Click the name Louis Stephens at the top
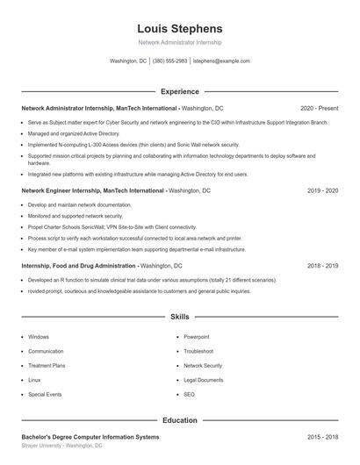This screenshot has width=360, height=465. coord(180,29)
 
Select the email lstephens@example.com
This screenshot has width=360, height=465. coord(221,61)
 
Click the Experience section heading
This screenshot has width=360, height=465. coord(180,91)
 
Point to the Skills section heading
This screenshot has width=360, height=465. coord(180,316)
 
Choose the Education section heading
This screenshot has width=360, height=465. coord(180,420)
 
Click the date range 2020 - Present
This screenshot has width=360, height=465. coord(319,108)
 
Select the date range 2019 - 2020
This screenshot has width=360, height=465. coord(322,190)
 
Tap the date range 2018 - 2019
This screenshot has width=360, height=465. coord(322,265)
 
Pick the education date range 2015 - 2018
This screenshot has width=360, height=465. coord(322,436)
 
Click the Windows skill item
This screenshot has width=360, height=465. coord(39,336)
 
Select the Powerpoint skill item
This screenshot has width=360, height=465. coord(197,336)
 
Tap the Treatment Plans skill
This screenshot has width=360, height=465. coord(47,365)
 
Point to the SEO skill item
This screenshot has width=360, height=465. coord(190,395)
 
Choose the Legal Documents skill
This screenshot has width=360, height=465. coord(204,380)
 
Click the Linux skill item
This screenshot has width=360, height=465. coord(34,380)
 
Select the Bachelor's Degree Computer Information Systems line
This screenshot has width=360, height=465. coord(90,436)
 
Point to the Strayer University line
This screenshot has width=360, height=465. coord(61,446)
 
